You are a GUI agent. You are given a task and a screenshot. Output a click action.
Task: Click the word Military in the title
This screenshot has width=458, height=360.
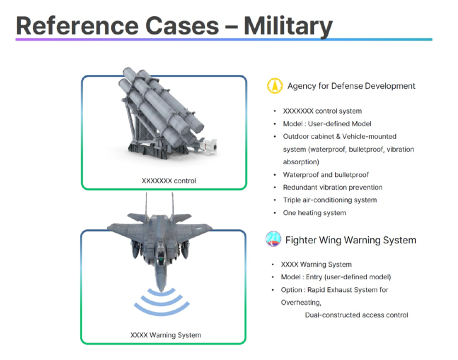pyautogui.click(x=288, y=26)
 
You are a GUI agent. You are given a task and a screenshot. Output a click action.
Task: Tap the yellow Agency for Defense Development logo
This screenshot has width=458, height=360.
pyautogui.click(x=274, y=86)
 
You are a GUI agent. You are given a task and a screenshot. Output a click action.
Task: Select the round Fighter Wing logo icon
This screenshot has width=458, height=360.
pyautogui.click(x=273, y=238)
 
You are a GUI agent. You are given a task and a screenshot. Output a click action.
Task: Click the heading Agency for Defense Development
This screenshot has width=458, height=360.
pyautogui.click(x=351, y=86)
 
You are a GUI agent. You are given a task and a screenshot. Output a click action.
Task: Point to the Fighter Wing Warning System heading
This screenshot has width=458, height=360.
pyautogui.click(x=350, y=240)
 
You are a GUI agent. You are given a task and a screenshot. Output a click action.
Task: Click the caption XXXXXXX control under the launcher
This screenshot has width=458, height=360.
pyautogui.click(x=169, y=181)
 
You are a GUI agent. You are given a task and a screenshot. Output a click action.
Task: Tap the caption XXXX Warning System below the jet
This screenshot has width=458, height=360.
pyautogui.click(x=165, y=335)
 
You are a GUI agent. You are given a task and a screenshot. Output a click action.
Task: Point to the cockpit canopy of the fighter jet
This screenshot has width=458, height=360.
pyautogui.click(x=160, y=255)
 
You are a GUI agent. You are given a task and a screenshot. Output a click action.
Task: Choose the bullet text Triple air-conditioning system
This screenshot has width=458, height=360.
pyautogui.click(x=330, y=200)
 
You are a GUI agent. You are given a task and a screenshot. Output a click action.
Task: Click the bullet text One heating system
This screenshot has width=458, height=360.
pyautogui.click(x=314, y=213)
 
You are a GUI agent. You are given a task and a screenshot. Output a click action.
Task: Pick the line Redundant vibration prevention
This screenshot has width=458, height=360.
pyautogui.click(x=332, y=187)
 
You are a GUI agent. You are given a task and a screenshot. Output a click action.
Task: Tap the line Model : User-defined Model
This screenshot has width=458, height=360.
pyautogui.click(x=327, y=124)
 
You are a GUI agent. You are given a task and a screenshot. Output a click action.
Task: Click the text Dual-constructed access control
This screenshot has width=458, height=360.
pyautogui.click(x=356, y=315)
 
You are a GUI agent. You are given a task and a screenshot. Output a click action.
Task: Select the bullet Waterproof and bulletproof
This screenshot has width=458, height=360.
pyautogui.click(x=325, y=174)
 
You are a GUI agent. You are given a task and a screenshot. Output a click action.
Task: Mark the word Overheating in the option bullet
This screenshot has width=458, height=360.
pyautogui.click(x=300, y=302)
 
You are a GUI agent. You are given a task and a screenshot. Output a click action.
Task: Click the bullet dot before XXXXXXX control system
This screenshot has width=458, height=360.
pyautogui.click(x=274, y=111)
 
